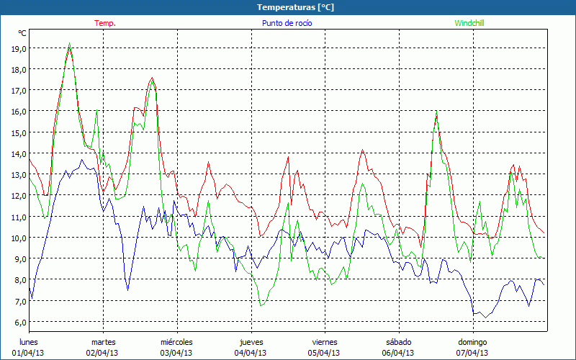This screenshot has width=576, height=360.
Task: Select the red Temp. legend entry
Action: point(105,23)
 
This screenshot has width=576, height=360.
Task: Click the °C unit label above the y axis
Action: point(22,33)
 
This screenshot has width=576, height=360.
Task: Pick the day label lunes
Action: point(28,342)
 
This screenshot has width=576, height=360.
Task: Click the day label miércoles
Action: point(176,342)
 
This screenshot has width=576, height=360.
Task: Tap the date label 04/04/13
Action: point(251,353)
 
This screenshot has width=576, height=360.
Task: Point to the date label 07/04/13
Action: point(472,353)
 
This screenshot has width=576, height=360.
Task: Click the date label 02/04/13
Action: point(102,353)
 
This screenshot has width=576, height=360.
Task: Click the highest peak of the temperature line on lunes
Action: point(69,43)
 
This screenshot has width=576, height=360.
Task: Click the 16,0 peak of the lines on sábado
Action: point(436,112)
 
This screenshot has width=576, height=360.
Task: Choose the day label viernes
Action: point(325,342)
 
